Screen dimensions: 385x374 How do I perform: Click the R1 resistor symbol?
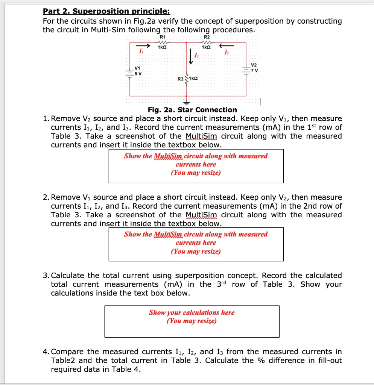tap(163, 42)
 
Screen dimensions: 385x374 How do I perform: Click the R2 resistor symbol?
tap(206, 42)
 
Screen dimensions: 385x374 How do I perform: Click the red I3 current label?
tap(196, 56)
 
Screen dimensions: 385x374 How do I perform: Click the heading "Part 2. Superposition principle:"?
tap(106, 11)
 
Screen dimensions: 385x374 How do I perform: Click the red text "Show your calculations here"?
tap(192, 312)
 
